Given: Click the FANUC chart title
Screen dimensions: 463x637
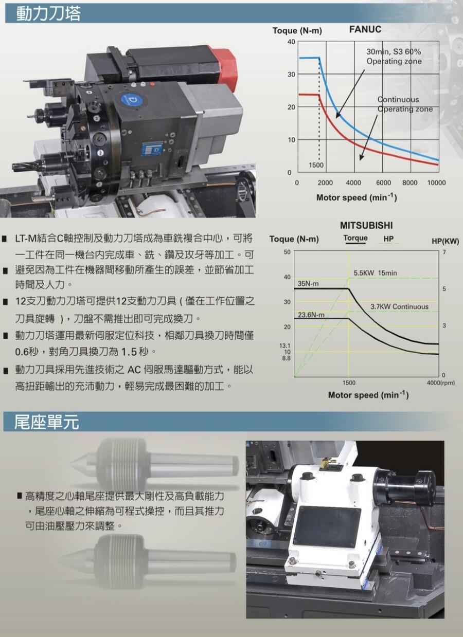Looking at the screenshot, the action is tap(365, 29).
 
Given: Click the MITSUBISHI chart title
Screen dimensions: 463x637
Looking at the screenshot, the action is tap(366, 226).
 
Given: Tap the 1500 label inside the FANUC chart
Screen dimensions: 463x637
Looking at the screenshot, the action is tap(316, 165).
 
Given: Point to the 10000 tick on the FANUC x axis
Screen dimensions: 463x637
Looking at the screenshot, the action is tap(437, 183).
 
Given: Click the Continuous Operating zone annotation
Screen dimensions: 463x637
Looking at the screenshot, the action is tap(405, 104).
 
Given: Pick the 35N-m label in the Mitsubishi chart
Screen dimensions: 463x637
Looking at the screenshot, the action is tap(308, 283).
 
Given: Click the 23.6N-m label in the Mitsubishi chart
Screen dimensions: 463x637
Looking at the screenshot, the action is tap(311, 315).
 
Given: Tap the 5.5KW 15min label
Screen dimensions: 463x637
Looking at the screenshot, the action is tap(375, 273).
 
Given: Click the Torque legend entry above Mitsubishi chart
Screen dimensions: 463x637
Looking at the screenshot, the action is tap(355, 239).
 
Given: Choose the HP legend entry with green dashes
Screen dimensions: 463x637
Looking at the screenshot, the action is tap(389, 239).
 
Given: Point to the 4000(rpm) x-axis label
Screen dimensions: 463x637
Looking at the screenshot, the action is tap(440, 383).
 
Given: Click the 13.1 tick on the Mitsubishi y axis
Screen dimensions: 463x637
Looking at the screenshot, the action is tap(284, 346).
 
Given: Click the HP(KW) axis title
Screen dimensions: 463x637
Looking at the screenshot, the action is tap(446, 241).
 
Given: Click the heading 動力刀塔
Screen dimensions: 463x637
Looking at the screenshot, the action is tap(48, 13).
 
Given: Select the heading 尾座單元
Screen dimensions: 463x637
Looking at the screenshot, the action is tap(46, 422).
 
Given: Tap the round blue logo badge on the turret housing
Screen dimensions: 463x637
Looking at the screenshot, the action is tap(132, 100).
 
